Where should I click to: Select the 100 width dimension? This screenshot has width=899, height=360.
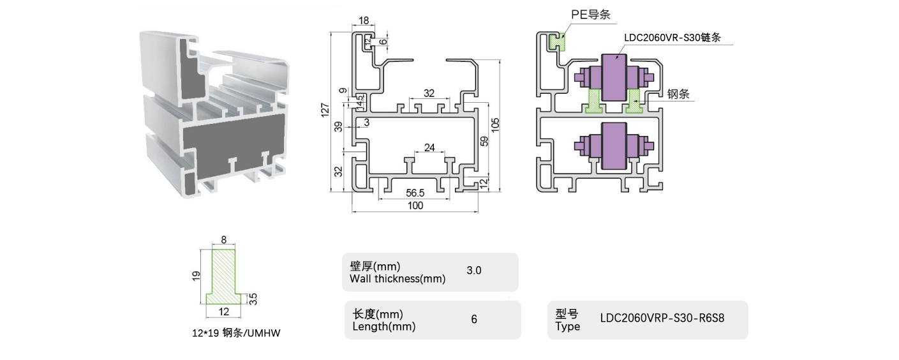tap(415, 206)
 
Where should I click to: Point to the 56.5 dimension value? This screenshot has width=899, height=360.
tap(416, 193)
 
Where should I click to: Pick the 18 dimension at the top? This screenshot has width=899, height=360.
tap(364, 21)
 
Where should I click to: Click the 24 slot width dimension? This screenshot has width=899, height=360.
tap(429, 148)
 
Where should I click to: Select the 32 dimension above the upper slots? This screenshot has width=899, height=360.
tap(429, 93)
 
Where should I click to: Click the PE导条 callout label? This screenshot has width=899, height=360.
tap(591, 15)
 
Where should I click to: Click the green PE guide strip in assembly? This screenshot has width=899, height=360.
tap(557, 42)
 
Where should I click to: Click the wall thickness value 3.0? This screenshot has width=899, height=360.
tap(474, 271)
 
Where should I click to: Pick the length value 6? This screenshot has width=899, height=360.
tap(474, 319)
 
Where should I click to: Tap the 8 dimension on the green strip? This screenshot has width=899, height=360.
tap(223, 240)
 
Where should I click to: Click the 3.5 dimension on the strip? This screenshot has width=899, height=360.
tap(253, 298)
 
